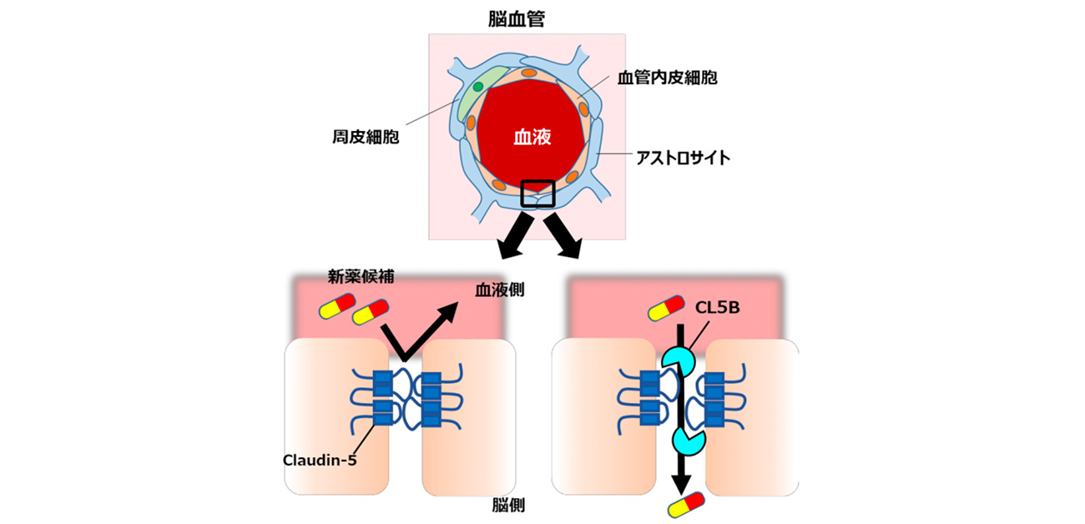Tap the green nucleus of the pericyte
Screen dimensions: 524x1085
pos(477,87)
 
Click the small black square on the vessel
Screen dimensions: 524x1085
pos(537,194)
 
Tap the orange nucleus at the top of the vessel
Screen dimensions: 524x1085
pos(528,73)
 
